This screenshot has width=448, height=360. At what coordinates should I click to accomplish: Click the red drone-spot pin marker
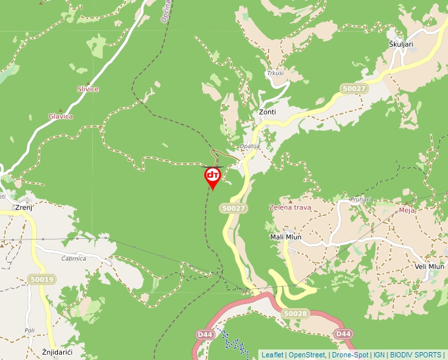point(212,176)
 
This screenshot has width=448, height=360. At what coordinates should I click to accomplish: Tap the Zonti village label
point(267,112)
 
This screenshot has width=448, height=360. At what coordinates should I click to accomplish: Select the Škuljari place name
point(401,44)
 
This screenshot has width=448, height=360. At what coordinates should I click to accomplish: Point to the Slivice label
point(88,89)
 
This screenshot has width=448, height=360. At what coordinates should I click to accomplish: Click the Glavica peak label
point(61,116)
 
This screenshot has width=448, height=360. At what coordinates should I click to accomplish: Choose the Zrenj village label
point(24,207)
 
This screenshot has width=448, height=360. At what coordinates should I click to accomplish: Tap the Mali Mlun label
point(286,237)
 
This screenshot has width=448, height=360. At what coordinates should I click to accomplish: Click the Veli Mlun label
point(430,267)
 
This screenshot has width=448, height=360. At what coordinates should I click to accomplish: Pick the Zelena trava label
point(291,207)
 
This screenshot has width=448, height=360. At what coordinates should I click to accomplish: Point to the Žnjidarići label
point(57,353)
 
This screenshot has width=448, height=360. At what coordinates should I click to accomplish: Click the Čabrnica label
point(74,259)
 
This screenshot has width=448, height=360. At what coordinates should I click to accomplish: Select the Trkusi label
point(275,73)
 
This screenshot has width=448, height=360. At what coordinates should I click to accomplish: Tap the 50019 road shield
point(42,280)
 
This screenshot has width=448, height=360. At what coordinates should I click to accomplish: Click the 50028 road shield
point(295,314)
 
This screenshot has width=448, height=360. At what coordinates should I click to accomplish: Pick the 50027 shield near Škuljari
point(353,88)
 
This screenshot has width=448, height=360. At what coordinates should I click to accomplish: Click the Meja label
point(406,211)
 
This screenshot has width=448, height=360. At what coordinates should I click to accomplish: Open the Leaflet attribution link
point(272,355)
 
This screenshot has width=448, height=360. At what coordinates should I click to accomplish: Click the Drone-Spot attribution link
point(349,355)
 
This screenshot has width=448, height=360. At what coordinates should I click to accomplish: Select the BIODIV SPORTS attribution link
point(416,355)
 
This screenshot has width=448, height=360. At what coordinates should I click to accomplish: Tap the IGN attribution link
point(379,355)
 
